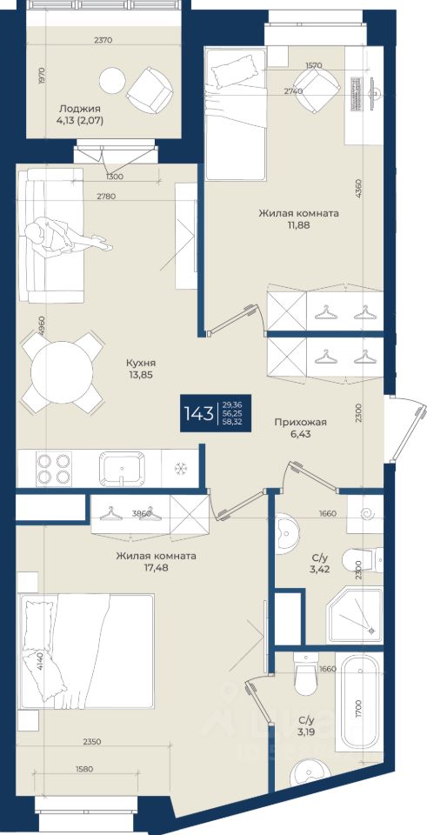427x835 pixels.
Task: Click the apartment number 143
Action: pos(198,413)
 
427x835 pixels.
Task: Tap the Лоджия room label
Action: pos(80,109)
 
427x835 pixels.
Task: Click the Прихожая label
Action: pos(300,423)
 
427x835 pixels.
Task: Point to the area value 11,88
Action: pos(298,224)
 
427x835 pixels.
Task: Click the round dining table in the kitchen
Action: pos(62,372)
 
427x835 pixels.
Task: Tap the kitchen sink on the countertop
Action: pos(123,468)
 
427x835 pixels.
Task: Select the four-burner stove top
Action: pos(54,468)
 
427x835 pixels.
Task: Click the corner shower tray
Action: pos(355,615)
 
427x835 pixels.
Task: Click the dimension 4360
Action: pos(359,188)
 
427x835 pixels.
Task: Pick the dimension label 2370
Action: pos(103,39)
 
